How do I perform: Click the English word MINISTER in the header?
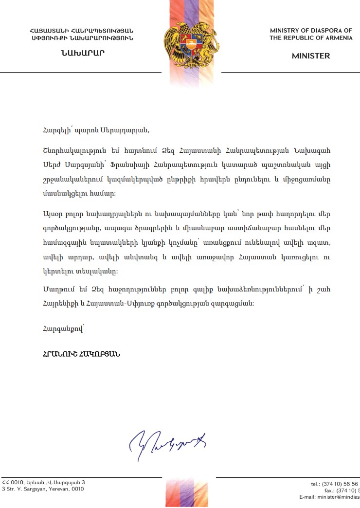point(310,56)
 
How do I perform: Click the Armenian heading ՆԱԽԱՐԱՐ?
point(82,54)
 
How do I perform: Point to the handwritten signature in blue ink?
point(168,442)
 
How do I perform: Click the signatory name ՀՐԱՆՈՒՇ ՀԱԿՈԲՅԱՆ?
point(81,354)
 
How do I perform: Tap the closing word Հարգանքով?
point(63,329)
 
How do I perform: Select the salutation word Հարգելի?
point(56,129)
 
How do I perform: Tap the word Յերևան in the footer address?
point(33,482)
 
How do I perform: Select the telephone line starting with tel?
point(335,484)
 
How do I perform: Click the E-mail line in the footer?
point(329,497)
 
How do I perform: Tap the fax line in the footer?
point(342,491)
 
